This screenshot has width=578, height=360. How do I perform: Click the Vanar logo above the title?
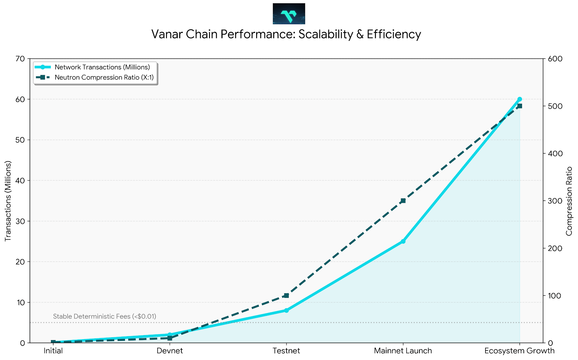289,14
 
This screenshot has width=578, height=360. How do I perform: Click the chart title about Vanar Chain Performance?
286,34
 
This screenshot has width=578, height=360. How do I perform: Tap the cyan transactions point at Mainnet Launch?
403,241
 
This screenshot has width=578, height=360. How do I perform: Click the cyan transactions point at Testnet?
286,310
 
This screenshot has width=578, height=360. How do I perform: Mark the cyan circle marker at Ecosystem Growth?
519,99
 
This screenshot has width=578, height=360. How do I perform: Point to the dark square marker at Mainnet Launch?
403,201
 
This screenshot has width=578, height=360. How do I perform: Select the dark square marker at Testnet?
286,295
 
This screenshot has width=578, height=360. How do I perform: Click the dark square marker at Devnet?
170,338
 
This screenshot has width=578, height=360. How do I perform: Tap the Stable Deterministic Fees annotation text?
104,317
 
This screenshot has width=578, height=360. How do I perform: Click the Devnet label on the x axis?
170,351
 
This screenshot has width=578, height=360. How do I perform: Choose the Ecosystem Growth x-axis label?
519,351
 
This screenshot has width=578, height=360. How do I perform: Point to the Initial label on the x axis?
53,351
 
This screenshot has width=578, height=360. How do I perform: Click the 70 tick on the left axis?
20,59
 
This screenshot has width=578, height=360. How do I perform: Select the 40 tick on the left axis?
20,181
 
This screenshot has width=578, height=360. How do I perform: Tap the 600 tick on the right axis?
556,59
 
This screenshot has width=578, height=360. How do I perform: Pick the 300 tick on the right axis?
556,201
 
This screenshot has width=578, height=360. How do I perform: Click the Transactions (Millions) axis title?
8,201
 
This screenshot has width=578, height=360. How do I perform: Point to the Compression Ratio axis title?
569,201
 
